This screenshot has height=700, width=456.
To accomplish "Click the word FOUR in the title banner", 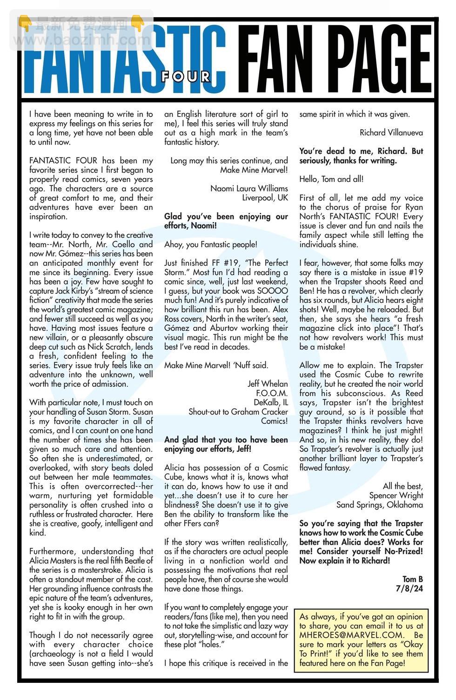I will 186,76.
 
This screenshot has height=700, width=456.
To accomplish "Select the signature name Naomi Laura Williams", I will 249,188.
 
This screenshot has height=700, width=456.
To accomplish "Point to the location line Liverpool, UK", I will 265,198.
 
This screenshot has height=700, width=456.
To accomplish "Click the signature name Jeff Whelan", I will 268,383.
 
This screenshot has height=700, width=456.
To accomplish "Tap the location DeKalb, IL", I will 271,402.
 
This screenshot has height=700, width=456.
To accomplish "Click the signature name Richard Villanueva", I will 391,132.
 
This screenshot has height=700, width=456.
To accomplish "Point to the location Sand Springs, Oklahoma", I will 380,505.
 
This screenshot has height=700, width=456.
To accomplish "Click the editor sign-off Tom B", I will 413,579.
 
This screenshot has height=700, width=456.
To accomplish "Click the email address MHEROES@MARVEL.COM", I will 351,635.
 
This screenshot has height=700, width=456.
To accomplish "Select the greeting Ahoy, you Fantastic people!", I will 210,244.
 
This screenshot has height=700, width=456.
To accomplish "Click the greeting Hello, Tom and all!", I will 331,179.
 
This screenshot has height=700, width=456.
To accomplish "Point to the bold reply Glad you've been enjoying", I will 226,216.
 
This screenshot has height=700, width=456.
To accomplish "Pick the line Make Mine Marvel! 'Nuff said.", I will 216,365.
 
